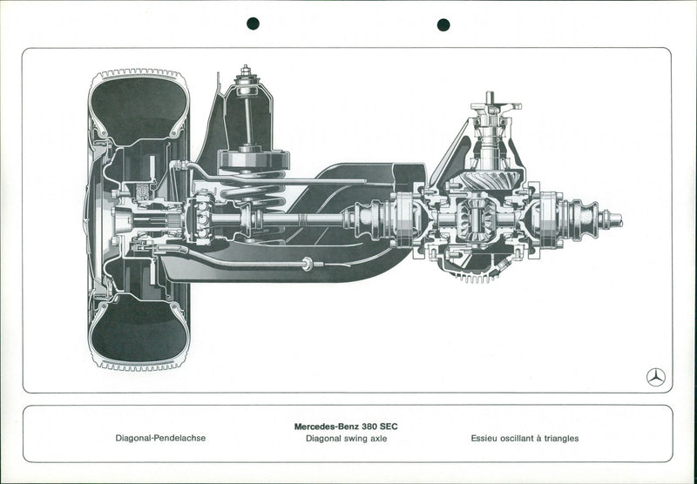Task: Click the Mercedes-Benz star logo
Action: click(656, 377)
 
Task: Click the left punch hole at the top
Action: click(253, 24)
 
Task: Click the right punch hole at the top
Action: click(443, 24)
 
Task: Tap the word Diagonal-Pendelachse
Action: click(161, 440)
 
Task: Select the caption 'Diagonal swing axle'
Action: click(346, 440)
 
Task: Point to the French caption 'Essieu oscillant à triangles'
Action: click(524, 440)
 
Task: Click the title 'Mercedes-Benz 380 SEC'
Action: click(346, 427)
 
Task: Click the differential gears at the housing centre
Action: click(476, 219)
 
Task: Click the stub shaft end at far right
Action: click(614, 219)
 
